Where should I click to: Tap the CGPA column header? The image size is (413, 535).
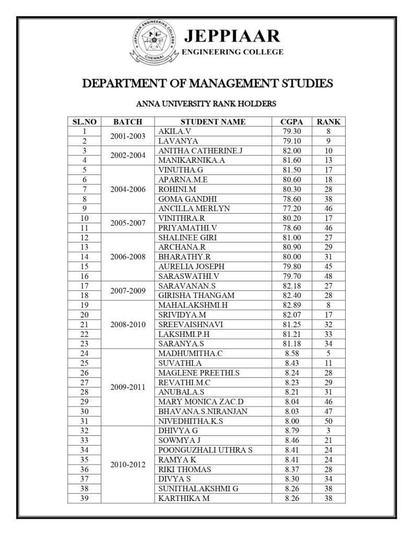click(x=291, y=122)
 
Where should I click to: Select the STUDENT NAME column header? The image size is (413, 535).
click(x=213, y=122)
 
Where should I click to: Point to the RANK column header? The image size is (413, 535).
click(x=328, y=122)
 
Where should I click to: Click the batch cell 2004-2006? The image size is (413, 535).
click(x=128, y=189)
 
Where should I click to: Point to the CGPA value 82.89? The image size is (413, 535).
click(x=291, y=305)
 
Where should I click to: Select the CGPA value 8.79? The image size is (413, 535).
click(x=291, y=431)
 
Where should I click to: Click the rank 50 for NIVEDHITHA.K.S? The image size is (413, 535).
click(x=328, y=421)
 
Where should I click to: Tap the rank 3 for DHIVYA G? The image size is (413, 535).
click(x=328, y=431)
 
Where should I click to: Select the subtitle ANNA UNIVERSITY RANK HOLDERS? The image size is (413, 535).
click(x=206, y=103)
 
